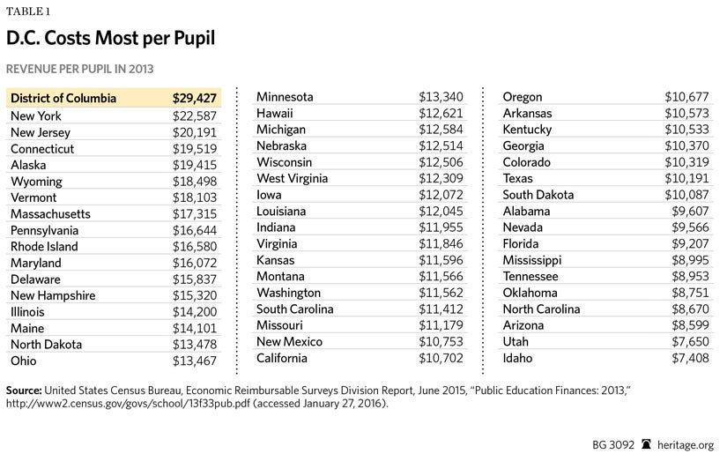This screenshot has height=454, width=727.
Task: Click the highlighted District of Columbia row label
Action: (x=63, y=99)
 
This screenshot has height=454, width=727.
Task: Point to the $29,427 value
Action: (x=194, y=99)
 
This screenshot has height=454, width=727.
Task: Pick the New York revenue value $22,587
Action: (x=194, y=115)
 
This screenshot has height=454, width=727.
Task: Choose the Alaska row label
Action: (x=28, y=165)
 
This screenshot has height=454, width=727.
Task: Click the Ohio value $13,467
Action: (x=194, y=361)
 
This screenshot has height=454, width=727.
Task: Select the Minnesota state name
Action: (x=285, y=97)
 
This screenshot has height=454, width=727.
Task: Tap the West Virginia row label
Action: (x=292, y=178)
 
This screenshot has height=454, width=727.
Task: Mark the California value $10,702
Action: (x=441, y=358)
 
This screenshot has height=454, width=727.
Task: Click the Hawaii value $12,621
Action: (x=441, y=114)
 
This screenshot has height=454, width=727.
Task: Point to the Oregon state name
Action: (x=523, y=97)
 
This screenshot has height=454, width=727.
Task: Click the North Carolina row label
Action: (x=541, y=309)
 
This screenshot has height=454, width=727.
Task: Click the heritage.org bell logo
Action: (x=646, y=444)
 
